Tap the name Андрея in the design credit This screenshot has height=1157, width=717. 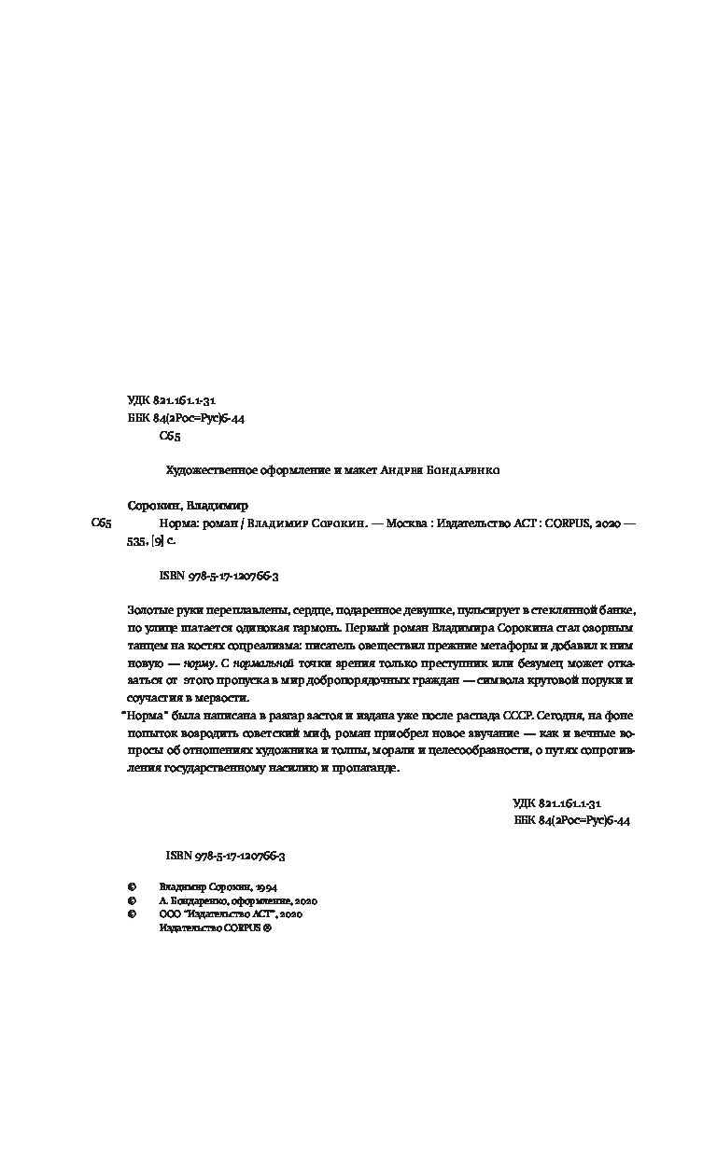click(400, 470)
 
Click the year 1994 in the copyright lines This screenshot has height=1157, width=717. click(264, 887)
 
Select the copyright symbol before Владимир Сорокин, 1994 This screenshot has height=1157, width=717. click(131, 887)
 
